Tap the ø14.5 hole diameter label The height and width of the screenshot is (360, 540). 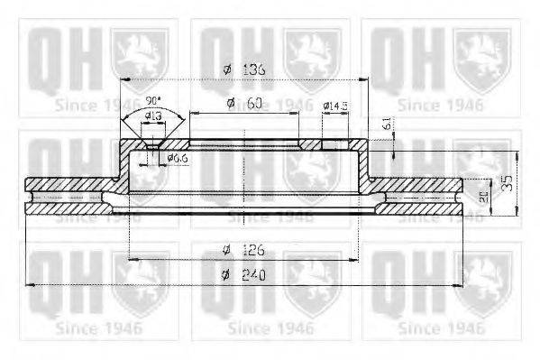coord(335,106)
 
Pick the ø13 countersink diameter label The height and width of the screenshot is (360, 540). coord(153,115)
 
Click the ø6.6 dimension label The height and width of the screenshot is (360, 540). coord(177,159)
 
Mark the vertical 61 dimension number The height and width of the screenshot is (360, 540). coord(388,125)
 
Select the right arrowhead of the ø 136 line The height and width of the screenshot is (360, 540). coord(364,80)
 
